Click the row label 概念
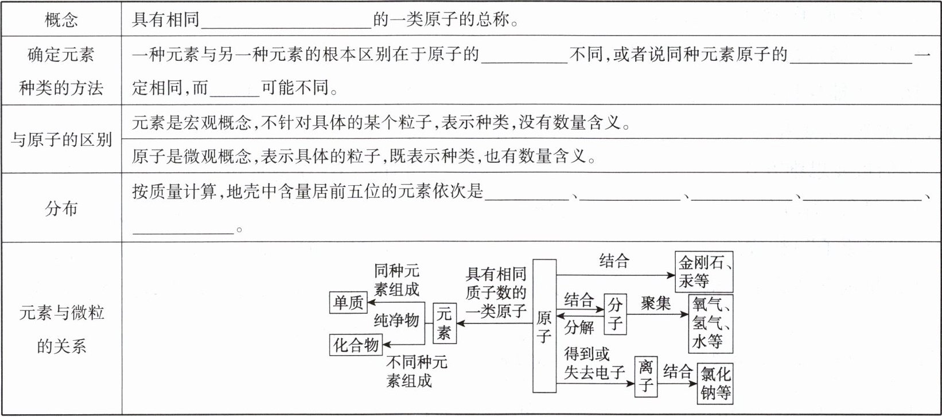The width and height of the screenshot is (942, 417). pos(61,21)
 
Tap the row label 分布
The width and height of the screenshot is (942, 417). pos(61,208)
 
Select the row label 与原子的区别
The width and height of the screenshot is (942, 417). pos(61,139)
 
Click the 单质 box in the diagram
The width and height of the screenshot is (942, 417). pos(349,302)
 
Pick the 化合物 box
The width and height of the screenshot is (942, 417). pos(356,345)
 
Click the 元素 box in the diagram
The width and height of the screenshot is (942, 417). pos(444,323)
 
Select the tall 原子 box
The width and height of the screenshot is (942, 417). pos(544,326)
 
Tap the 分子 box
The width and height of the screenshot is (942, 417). pos(615,314)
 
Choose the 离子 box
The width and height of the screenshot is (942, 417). pos(646,376)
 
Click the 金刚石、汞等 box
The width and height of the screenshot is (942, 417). pos(704,272)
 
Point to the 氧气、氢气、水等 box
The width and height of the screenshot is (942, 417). pos(711,323)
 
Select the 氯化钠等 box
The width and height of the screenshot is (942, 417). pos(715,383)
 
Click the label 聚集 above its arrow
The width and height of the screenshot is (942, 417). pos(656,303)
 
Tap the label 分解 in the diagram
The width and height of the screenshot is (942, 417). pos(579,328)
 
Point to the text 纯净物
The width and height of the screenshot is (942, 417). pos(396,320)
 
